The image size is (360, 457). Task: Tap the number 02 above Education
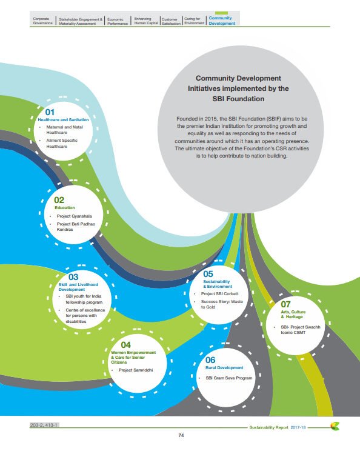point(59,199)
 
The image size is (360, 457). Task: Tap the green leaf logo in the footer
point(335,425)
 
